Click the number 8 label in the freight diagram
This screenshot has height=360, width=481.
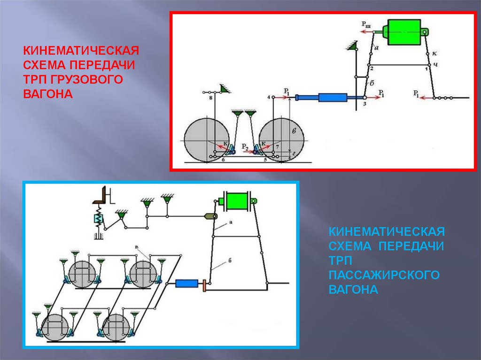210,99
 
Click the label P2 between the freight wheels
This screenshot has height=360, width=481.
245,147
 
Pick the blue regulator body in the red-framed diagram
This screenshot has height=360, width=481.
332,98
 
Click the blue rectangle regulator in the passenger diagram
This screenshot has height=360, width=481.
186,283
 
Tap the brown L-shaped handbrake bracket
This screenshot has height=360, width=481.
100,196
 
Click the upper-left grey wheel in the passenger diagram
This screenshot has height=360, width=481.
83,272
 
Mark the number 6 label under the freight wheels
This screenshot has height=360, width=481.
223,161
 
